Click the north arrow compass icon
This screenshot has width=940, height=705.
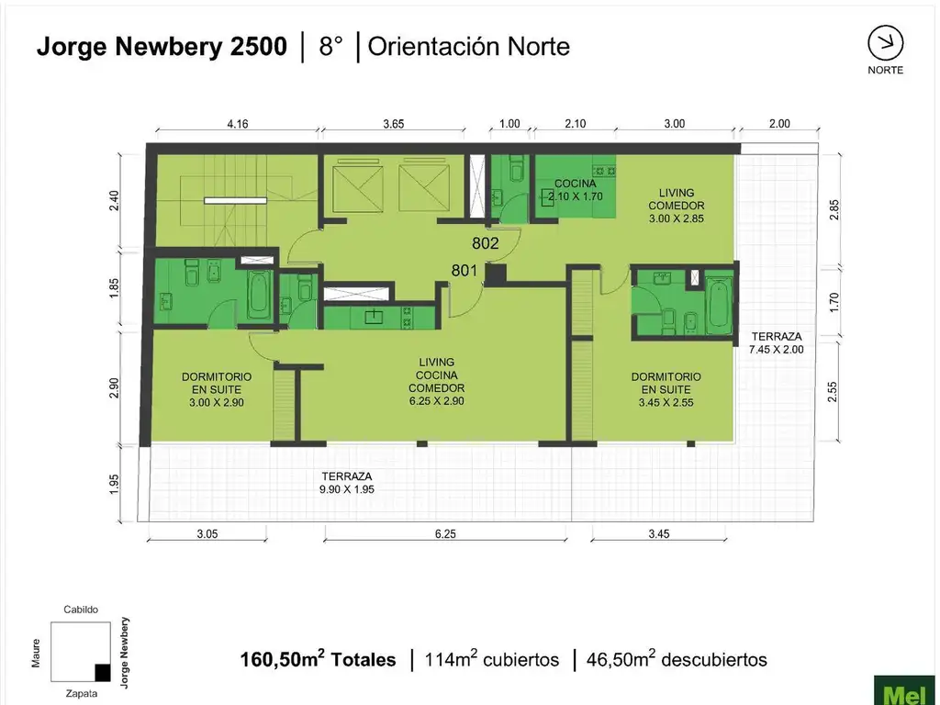[885, 43]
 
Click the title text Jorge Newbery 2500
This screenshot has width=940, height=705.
[162, 47]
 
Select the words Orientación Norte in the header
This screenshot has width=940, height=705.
[468, 47]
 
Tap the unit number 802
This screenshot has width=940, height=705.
[486, 244]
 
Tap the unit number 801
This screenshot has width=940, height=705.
[464, 270]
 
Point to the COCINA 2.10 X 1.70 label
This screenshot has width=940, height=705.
[576, 189]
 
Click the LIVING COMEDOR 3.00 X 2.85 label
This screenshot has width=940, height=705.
[682, 205]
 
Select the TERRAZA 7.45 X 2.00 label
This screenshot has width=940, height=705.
[776, 342]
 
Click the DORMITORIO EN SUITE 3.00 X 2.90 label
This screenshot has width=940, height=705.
[217, 389]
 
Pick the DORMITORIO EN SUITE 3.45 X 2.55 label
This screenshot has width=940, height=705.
[666, 389]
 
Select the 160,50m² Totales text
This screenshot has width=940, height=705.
[318, 659]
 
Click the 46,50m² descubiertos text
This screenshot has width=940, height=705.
[678, 659]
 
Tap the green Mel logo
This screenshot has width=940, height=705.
[904, 690]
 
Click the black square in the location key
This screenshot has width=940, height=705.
[103, 672]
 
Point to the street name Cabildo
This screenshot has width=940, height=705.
[81, 610]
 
